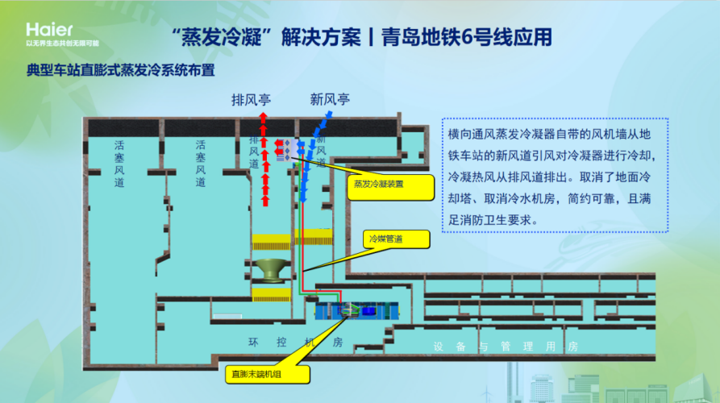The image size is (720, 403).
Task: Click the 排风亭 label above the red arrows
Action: coord(251,100)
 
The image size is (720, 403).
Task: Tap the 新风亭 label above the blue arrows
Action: coord(330,100)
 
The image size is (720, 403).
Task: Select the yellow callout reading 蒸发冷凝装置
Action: coord(390,184)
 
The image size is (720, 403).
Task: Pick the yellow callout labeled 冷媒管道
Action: coord(395,239)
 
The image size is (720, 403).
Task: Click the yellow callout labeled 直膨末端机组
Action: coord(256,374)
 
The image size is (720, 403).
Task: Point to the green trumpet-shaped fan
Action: coord(273,269)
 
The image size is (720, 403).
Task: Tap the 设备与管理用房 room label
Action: coord(506,347)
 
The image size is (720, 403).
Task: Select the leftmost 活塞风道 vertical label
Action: coord(119,164)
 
